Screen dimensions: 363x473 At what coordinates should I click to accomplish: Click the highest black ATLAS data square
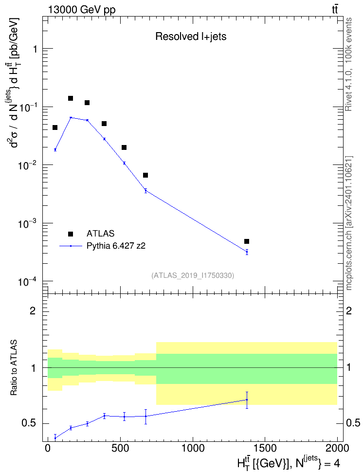coord(71,98)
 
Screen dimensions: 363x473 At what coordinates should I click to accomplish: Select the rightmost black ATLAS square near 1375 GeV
coord(247,241)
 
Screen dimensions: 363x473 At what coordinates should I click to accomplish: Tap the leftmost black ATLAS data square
coord(55,127)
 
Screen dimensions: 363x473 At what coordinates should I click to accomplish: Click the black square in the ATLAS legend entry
coord(71,234)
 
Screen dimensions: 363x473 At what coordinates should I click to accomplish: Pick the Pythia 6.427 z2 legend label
coord(116,246)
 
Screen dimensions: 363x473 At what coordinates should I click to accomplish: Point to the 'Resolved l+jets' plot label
coord(191,36)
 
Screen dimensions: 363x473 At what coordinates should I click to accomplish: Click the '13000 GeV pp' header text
coord(81,10)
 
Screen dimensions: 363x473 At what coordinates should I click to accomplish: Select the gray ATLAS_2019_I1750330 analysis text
coord(193,275)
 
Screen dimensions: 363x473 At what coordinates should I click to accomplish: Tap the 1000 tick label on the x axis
coord(193,448)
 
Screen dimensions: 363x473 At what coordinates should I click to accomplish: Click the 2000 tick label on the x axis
coord(337,448)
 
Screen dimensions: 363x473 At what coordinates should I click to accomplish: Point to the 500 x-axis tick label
coord(120,448)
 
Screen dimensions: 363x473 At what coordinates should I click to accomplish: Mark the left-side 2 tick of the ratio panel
coord(33,310)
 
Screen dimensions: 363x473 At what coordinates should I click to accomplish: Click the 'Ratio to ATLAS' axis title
coord(14,367)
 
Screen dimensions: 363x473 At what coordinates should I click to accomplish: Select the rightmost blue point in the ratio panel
coord(247,400)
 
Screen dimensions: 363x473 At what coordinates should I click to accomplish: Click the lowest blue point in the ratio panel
coord(55,438)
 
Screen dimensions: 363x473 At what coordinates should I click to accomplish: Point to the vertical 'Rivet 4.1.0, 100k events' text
coord(348,64)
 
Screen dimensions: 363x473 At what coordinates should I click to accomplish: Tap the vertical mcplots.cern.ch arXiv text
coord(348,223)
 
